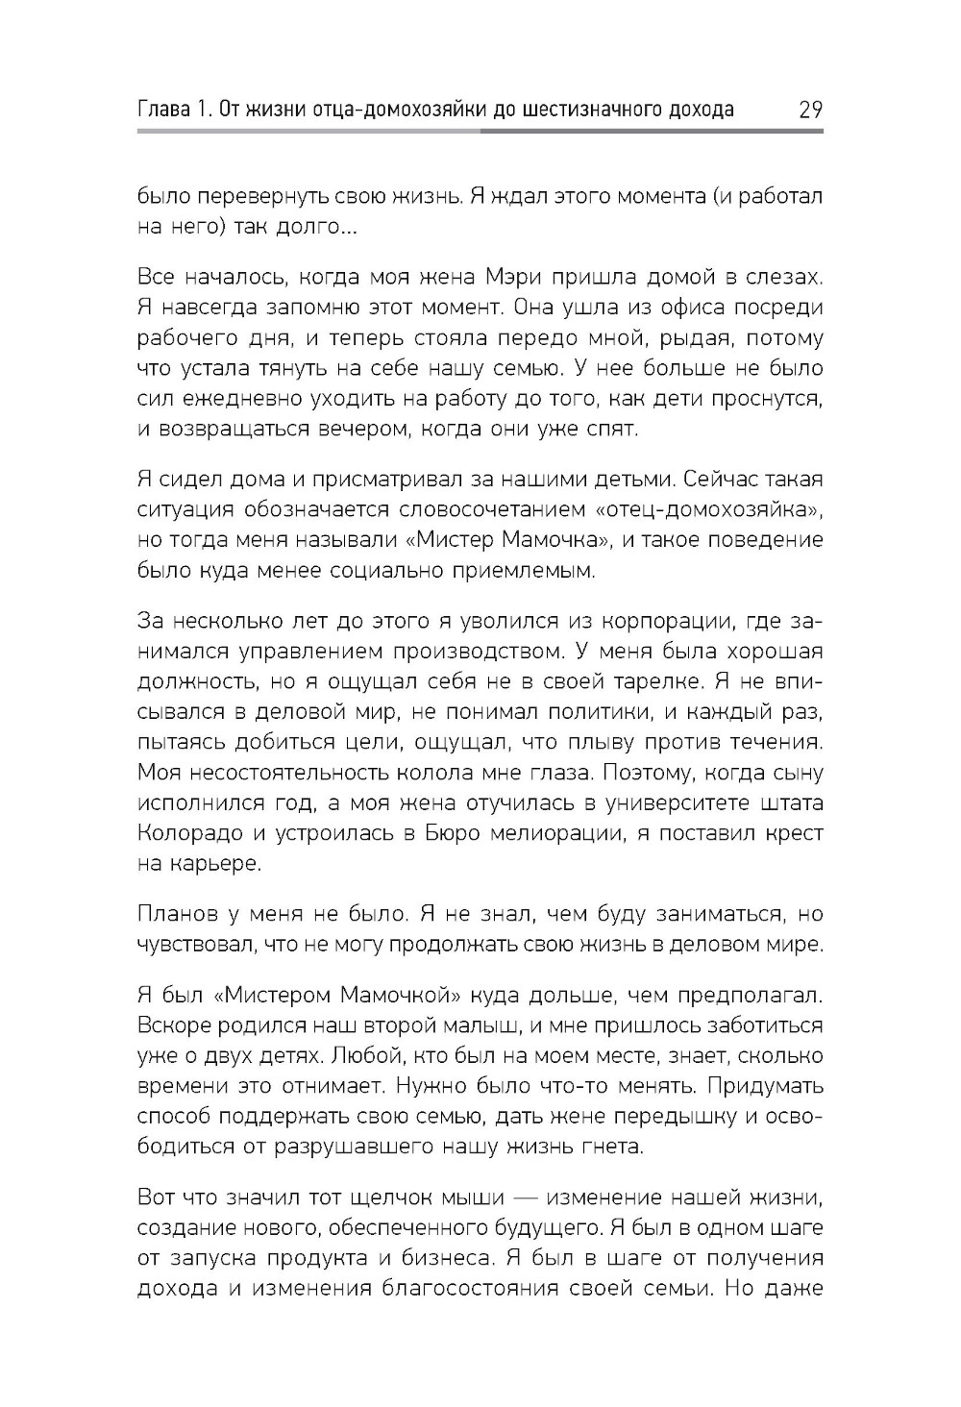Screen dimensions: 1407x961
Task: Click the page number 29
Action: (x=809, y=110)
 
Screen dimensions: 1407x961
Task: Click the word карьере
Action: (x=200, y=862)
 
